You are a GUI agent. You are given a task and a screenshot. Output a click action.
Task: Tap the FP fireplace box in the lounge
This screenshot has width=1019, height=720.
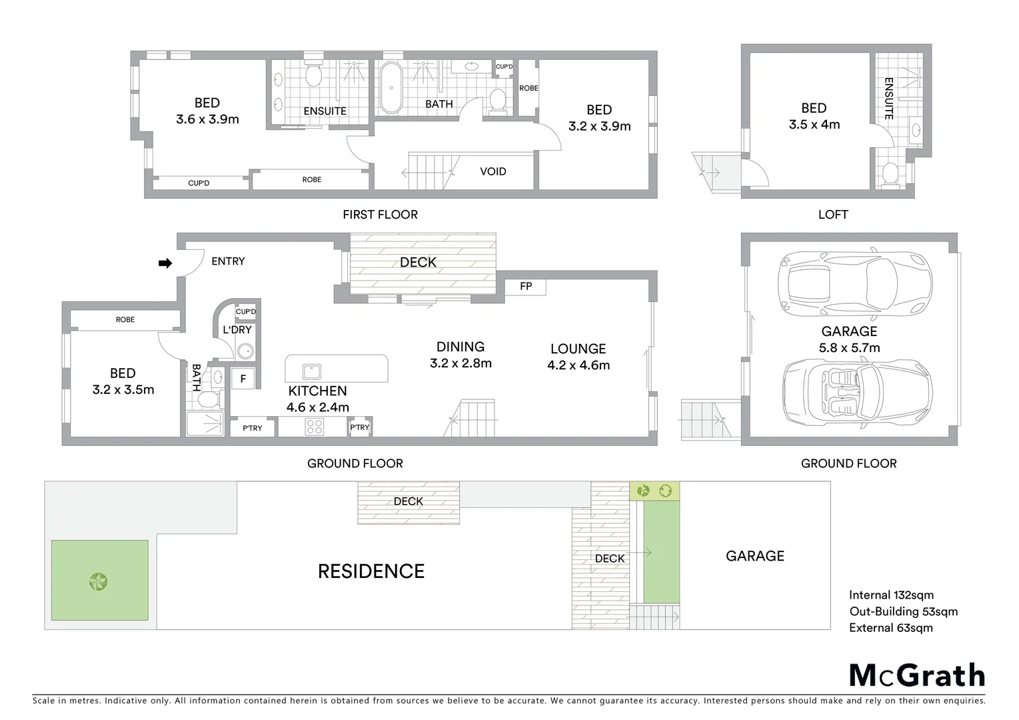pyautogui.click(x=526, y=287)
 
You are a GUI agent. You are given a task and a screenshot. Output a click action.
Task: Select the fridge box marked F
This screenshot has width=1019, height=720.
pyautogui.click(x=243, y=379)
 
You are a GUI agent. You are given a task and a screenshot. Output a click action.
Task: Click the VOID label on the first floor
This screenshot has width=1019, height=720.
pyautogui.click(x=493, y=171)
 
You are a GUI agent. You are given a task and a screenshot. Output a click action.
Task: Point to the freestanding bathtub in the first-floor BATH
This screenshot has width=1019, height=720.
pyautogui.click(x=391, y=88)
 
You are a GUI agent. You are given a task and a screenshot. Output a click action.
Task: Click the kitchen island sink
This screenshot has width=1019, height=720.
pyautogui.click(x=311, y=371)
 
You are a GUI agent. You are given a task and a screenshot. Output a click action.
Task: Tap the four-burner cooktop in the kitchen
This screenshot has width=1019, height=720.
pyautogui.click(x=314, y=427)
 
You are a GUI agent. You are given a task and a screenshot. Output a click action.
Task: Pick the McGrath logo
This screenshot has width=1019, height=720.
pyautogui.click(x=917, y=675)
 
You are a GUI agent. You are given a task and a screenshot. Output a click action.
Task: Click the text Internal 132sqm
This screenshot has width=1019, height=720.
pyautogui.click(x=891, y=595)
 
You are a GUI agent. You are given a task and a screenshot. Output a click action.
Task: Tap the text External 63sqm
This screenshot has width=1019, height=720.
pyautogui.click(x=890, y=628)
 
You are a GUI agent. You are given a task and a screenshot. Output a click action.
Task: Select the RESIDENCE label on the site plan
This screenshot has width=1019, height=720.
pyautogui.click(x=371, y=571)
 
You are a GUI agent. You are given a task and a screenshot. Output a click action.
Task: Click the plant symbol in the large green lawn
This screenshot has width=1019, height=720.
pyautogui.click(x=99, y=581)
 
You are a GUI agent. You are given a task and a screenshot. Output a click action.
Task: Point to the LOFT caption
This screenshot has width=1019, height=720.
pyautogui.click(x=832, y=215)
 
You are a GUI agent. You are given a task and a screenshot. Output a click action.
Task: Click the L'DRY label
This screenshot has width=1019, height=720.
pyautogui.click(x=237, y=330)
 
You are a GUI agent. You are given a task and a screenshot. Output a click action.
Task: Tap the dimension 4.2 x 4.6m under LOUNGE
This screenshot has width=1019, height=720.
pyautogui.click(x=578, y=365)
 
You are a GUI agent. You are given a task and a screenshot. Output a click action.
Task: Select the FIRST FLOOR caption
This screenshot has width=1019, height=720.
pyautogui.click(x=380, y=215)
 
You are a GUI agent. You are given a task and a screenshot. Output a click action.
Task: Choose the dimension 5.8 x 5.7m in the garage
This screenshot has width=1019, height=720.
pyautogui.click(x=849, y=348)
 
